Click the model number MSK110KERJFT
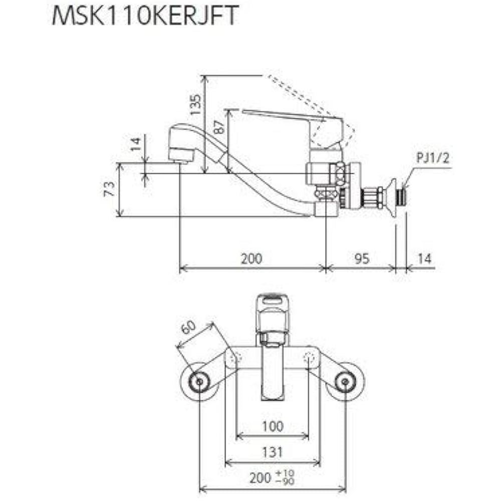pyautogui.click(x=144, y=16)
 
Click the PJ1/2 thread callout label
pyautogui.click(x=433, y=159)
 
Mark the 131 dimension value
pyautogui.click(x=272, y=452)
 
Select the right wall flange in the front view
pyautogui.click(x=345, y=382)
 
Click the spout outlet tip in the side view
pyautogui.click(x=180, y=157)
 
